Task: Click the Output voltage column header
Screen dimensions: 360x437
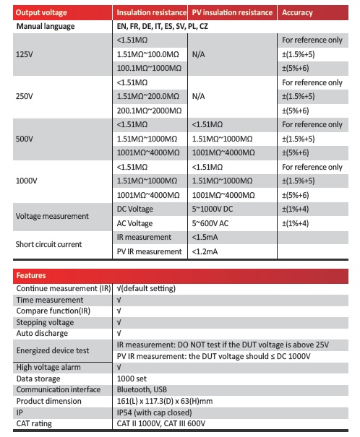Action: click(43, 13)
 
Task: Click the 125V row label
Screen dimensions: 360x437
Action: click(25, 55)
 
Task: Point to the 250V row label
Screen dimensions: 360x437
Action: click(25, 97)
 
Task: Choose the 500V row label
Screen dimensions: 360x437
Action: click(25, 139)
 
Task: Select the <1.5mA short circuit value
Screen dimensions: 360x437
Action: click(207, 237)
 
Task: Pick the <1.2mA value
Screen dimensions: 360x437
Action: click(207, 251)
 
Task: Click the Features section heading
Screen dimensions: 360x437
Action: click(32, 275)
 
